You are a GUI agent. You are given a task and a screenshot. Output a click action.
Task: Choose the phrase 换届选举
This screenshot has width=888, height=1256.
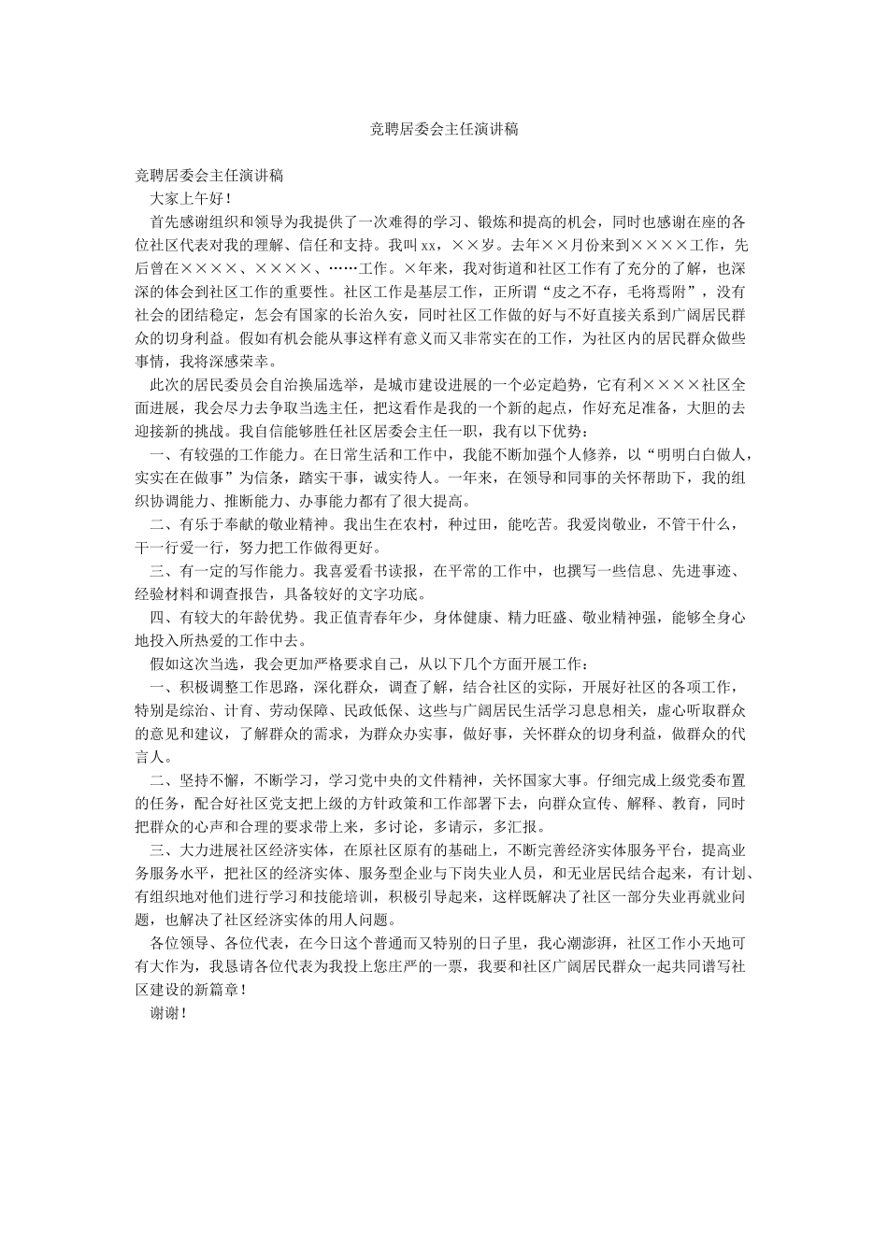[321, 384]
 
